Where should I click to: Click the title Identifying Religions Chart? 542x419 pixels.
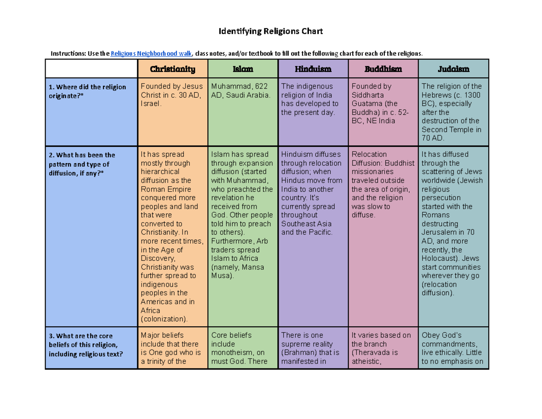tap(271, 32)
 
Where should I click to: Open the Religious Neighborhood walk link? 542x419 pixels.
tap(151, 54)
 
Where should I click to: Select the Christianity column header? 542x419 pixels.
tap(173, 69)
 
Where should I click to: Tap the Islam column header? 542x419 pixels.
tap(243, 69)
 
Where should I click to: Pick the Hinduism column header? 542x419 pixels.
tap(313, 69)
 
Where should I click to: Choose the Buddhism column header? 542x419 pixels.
tap(383, 69)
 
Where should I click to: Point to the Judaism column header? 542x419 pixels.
tap(453, 69)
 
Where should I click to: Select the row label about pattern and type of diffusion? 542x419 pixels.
tap(82, 164)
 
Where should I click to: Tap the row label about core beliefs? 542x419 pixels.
tap(85, 345)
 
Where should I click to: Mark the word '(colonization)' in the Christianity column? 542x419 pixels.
tap(164, 319)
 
